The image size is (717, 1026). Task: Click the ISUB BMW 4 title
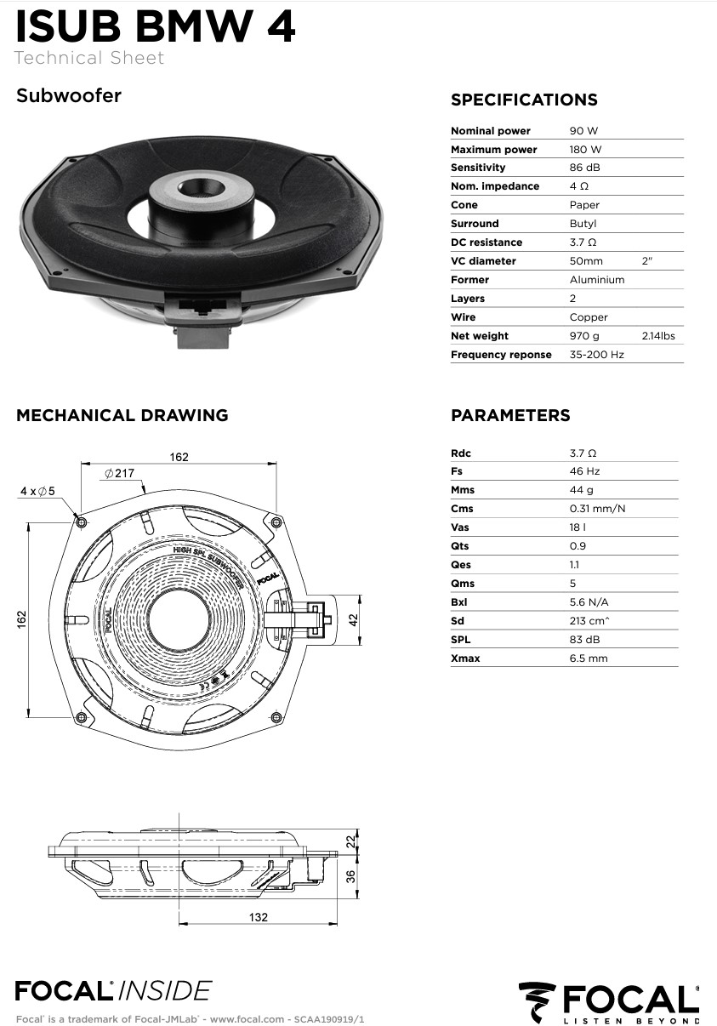click(156, 26)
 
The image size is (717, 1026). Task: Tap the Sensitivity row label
click(478, 168)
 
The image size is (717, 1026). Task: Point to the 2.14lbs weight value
click(658, 336)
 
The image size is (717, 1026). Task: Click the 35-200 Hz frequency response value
click(596, 355)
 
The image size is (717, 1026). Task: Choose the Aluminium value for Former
click(596, 280)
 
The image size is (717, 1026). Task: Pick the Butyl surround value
click(583, 224)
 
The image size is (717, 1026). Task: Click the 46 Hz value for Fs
click(584, 471)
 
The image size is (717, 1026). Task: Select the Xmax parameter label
click(465, 658)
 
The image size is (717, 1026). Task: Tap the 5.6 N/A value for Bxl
click(589, 602)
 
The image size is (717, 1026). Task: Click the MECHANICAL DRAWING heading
click(122, 416)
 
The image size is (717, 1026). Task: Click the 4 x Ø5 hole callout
click(37, 491)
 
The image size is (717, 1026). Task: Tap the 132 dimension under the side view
click(259, 917)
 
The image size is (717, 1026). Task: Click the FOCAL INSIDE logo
click(113, 990)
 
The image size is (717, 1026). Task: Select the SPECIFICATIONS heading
click(524, 100)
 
